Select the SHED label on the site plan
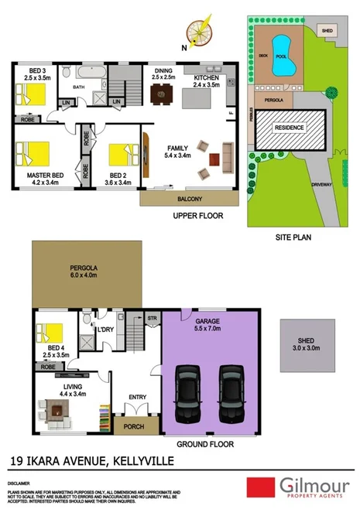327,32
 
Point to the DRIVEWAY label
321,185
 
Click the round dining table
161,95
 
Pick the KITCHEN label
206,79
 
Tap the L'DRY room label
106,331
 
